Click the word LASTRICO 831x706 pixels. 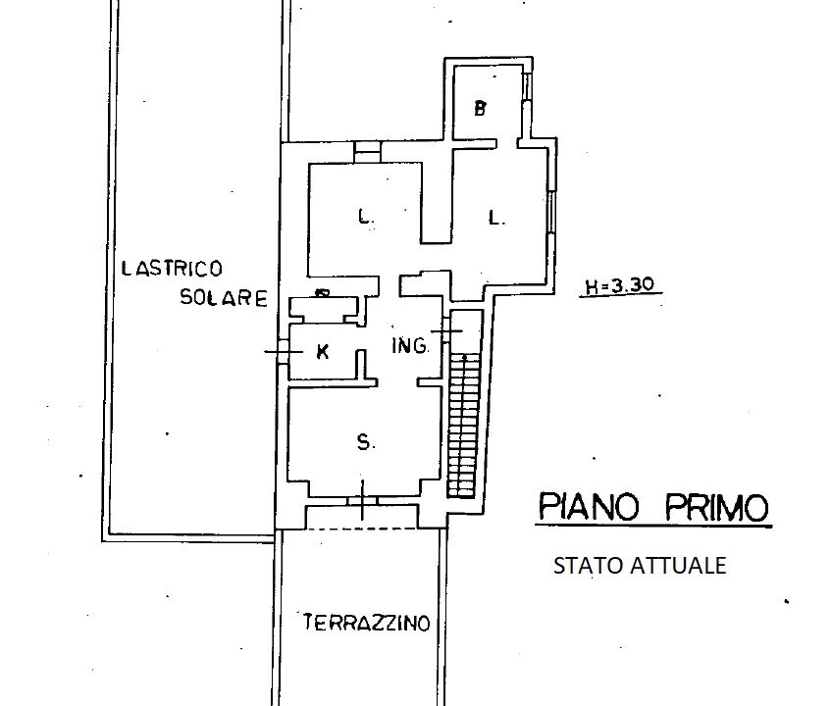173,269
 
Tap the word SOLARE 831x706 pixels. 224,297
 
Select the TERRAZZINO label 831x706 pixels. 367,623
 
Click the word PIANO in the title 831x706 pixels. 589,507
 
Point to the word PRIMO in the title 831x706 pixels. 716,507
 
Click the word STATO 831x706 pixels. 588,566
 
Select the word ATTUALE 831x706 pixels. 678,566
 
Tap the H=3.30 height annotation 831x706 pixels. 619,286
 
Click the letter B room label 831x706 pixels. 480,109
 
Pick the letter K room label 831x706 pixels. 322,352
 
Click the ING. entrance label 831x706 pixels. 410,346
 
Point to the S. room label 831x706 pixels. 365,441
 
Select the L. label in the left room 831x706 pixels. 365,217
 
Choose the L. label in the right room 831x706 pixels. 496,218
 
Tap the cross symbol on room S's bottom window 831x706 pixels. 362,500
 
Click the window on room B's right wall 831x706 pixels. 526,86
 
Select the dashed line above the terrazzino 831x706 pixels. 362,529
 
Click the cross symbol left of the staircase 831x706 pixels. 446,331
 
